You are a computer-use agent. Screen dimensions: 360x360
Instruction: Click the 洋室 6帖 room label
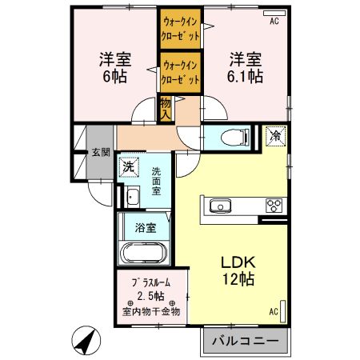(x=115, y=67)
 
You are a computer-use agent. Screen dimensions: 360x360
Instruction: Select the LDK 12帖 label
(x=238, y=270)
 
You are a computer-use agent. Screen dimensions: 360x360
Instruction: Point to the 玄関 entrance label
(x=100, y=152)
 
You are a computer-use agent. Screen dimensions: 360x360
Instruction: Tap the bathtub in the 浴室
(x=144, y=255)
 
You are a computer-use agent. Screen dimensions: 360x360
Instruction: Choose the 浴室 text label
(x=145, y=226)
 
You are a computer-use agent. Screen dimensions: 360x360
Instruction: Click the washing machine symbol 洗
(x=128, y=168)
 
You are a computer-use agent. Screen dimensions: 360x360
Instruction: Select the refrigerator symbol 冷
(x=274, y=136)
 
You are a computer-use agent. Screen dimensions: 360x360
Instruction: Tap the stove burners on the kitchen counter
(x=274, y=206)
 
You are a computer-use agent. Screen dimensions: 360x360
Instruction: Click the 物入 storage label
(x=166, y=107)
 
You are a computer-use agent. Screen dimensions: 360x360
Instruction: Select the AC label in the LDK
(x=273, y=311)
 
